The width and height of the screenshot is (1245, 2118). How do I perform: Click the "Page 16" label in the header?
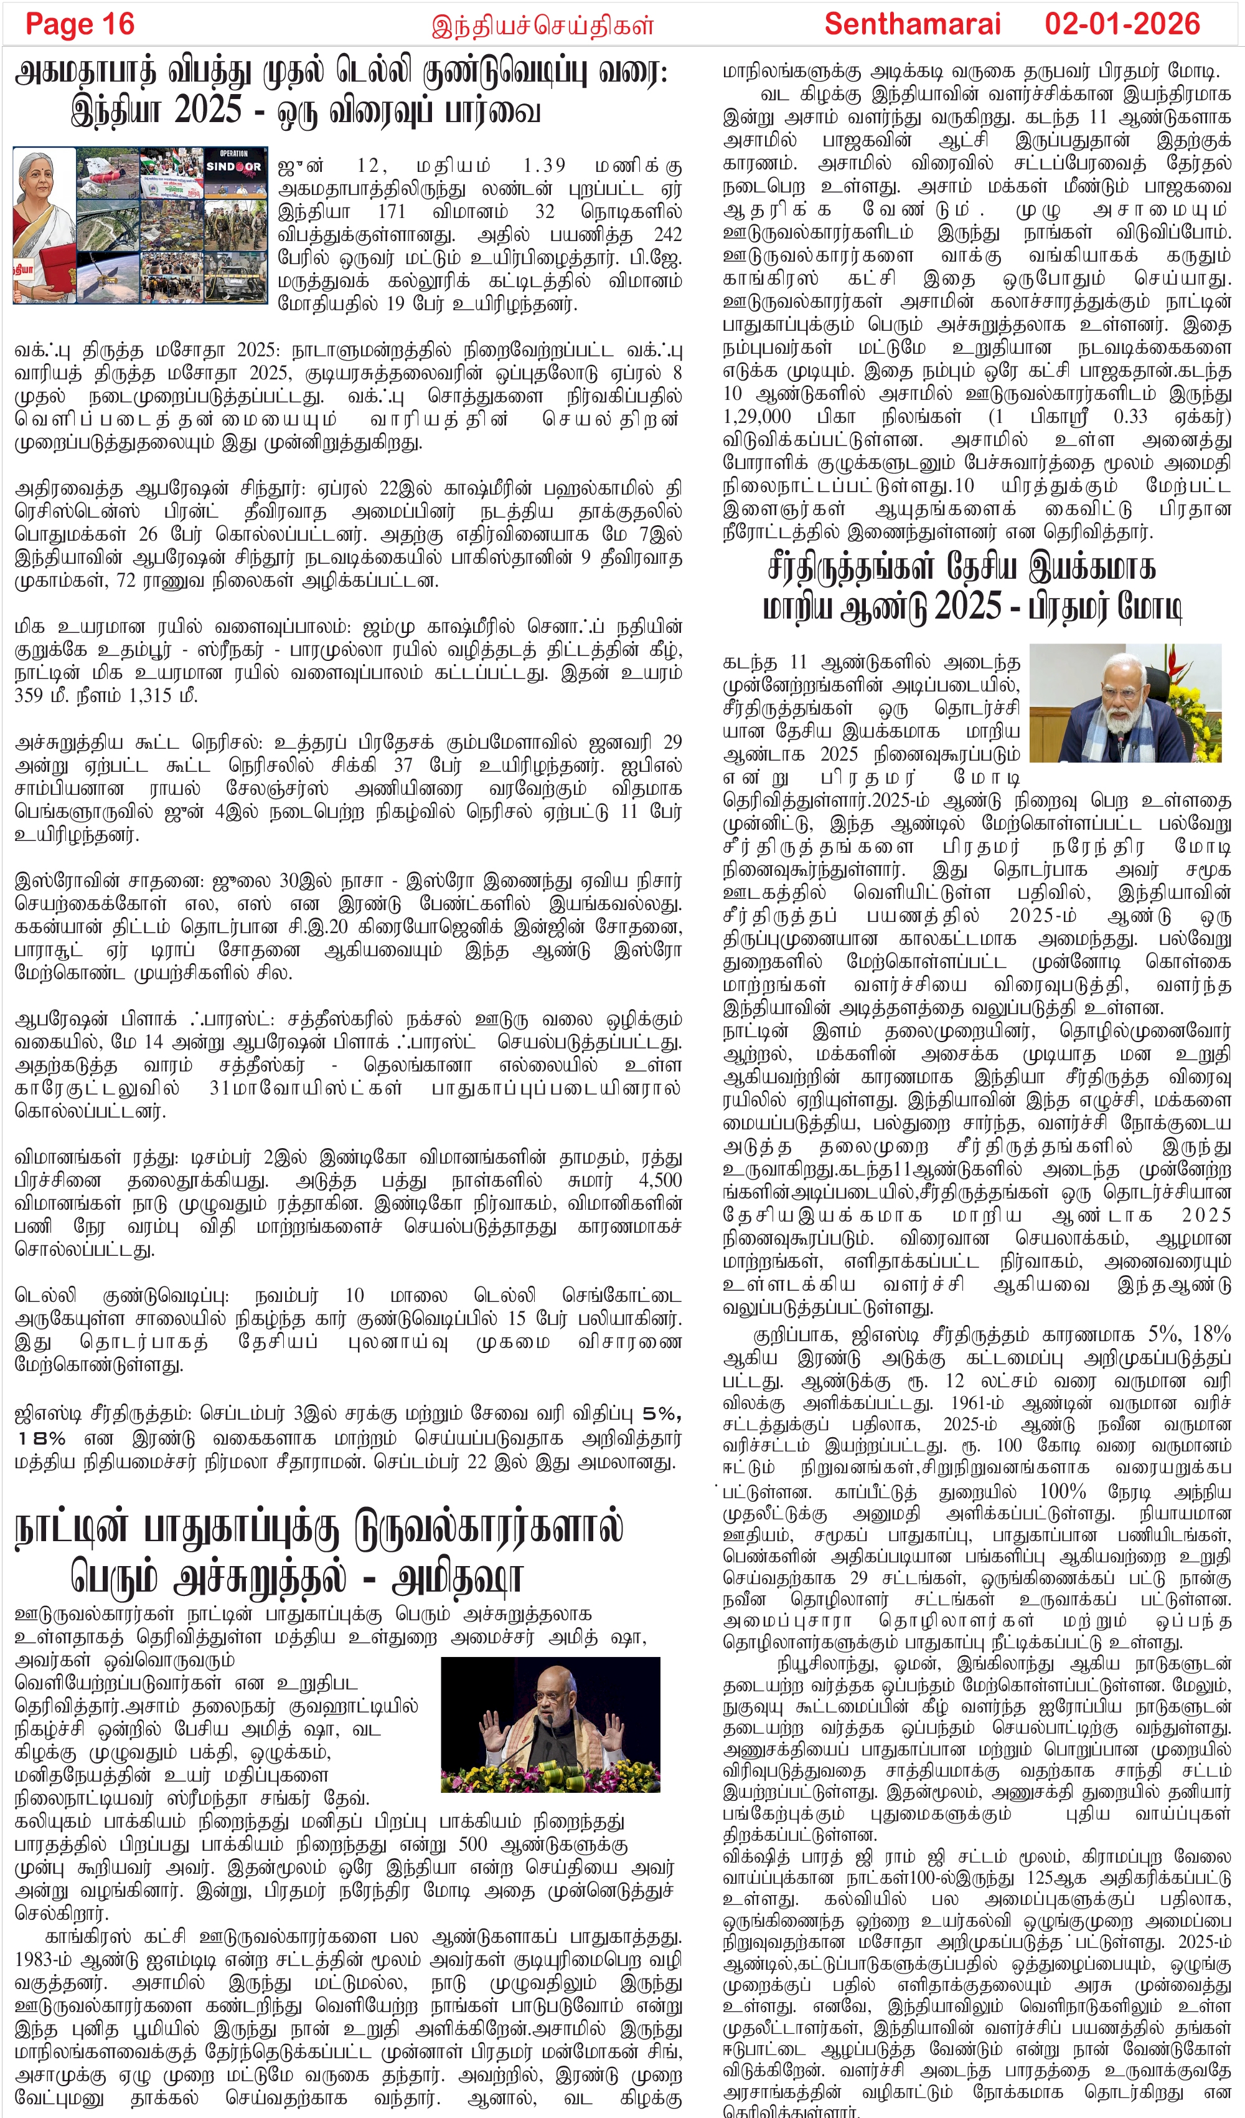[x=80, y=24]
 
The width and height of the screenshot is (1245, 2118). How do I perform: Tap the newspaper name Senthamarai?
[x=911, y=24]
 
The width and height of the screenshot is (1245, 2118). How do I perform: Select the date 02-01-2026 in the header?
[x=1122, y=24]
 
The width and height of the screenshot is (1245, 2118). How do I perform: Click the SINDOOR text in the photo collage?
[x=233, y=166]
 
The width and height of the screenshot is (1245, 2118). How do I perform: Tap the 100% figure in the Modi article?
[x=1062, y=1492]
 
